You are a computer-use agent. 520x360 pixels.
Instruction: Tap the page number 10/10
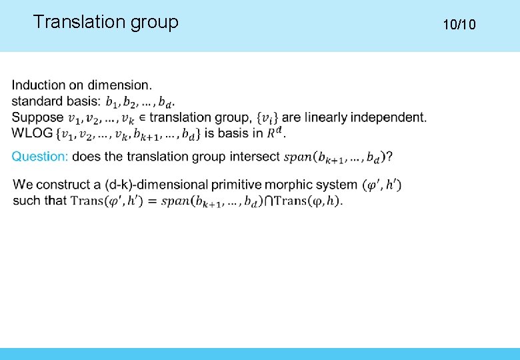click(459, 25)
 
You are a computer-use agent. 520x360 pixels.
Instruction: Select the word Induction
click(39, 85)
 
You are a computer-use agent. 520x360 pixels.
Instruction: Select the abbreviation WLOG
click(32, 133)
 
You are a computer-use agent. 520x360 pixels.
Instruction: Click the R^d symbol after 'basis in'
click(275, 133)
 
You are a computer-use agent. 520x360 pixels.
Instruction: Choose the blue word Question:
click(40, 157)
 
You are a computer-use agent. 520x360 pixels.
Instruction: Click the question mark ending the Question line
click(389, 157)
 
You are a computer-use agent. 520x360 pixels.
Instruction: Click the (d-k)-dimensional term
click(155, 184)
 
